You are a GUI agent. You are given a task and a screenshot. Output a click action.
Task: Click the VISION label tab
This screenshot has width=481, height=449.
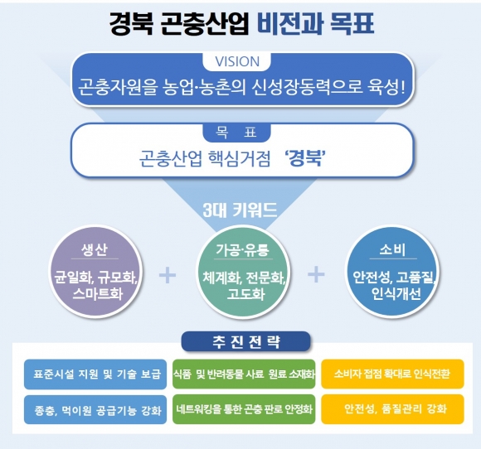[x=236, y=61]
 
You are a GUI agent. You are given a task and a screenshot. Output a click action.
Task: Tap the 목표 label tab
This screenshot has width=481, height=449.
[x=236, y=133]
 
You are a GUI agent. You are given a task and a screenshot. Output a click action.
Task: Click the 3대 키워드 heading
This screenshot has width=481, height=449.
[x=240, y=210]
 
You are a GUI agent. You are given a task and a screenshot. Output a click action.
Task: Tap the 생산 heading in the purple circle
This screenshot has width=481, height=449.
[x=95, y=250]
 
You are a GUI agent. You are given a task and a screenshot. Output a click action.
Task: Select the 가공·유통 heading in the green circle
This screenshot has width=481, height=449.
[x=242, y=250]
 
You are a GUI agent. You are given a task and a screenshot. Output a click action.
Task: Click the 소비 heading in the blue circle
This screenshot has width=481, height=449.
[x=392, y=250]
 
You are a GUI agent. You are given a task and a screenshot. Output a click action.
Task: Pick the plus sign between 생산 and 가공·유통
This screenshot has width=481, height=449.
[x=168, y=274]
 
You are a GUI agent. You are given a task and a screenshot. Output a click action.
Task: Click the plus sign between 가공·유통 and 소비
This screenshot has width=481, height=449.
[x=316, y=274]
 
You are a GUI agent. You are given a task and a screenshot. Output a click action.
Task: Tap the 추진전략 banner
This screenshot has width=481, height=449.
[x=245, y=341]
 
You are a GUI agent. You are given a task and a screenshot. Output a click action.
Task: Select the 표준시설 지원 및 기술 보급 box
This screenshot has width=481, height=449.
[x=95, y=374]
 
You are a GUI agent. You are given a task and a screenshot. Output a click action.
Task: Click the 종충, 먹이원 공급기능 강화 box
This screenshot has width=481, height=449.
[x=95, y=410]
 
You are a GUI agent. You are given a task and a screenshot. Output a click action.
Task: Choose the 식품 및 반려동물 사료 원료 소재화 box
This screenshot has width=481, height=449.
[x=244, y=374]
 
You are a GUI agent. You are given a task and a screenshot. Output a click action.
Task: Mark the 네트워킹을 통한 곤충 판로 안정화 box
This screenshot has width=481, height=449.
[x=244, y=409]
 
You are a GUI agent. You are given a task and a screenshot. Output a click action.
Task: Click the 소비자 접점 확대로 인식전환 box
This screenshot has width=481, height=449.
[x=392, y=374]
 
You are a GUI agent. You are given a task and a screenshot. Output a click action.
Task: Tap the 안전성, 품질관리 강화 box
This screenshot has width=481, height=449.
[x=392, y=409]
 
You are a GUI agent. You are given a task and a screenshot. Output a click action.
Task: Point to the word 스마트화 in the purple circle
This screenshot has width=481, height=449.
[x=98, y=294]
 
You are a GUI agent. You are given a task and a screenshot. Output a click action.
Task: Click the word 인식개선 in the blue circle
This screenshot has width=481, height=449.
[x=396, y=294]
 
